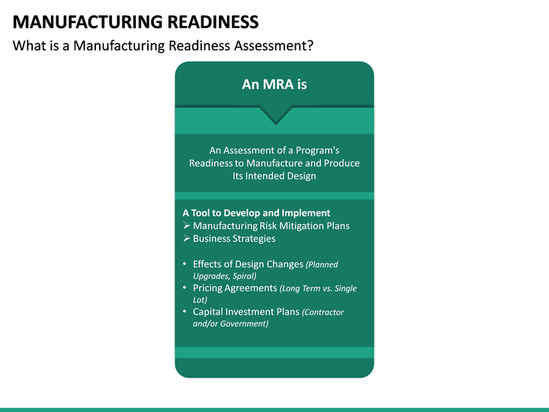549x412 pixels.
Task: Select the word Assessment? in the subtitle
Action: tap(276, 46)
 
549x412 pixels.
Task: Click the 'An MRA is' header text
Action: tap(274, 85)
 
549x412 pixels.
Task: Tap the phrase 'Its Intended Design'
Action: tap(274, 176)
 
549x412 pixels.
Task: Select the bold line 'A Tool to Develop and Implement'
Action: tap(256, 213)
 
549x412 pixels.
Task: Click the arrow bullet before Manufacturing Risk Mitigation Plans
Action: tap(187, 226)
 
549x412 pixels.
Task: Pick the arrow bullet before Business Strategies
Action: tap(187, 239)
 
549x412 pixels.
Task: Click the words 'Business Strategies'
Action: tap(234, 239)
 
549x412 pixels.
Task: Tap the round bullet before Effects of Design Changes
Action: tap(186, 264)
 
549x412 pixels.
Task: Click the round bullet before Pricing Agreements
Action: tap(186, 288)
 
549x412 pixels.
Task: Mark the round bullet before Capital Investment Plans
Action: tap(186, 312)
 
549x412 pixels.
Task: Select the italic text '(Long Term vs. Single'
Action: tap(318, 288)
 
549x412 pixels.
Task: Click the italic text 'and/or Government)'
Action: tap(231, 323)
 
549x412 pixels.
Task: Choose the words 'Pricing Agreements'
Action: tap(235, 288)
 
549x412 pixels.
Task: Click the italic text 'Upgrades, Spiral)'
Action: tap(225, 275)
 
